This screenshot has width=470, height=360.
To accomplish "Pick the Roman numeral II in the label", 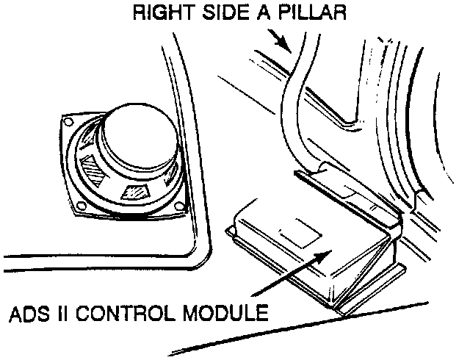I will coord(68,315).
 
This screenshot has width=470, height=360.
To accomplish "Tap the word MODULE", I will coord(224,315).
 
